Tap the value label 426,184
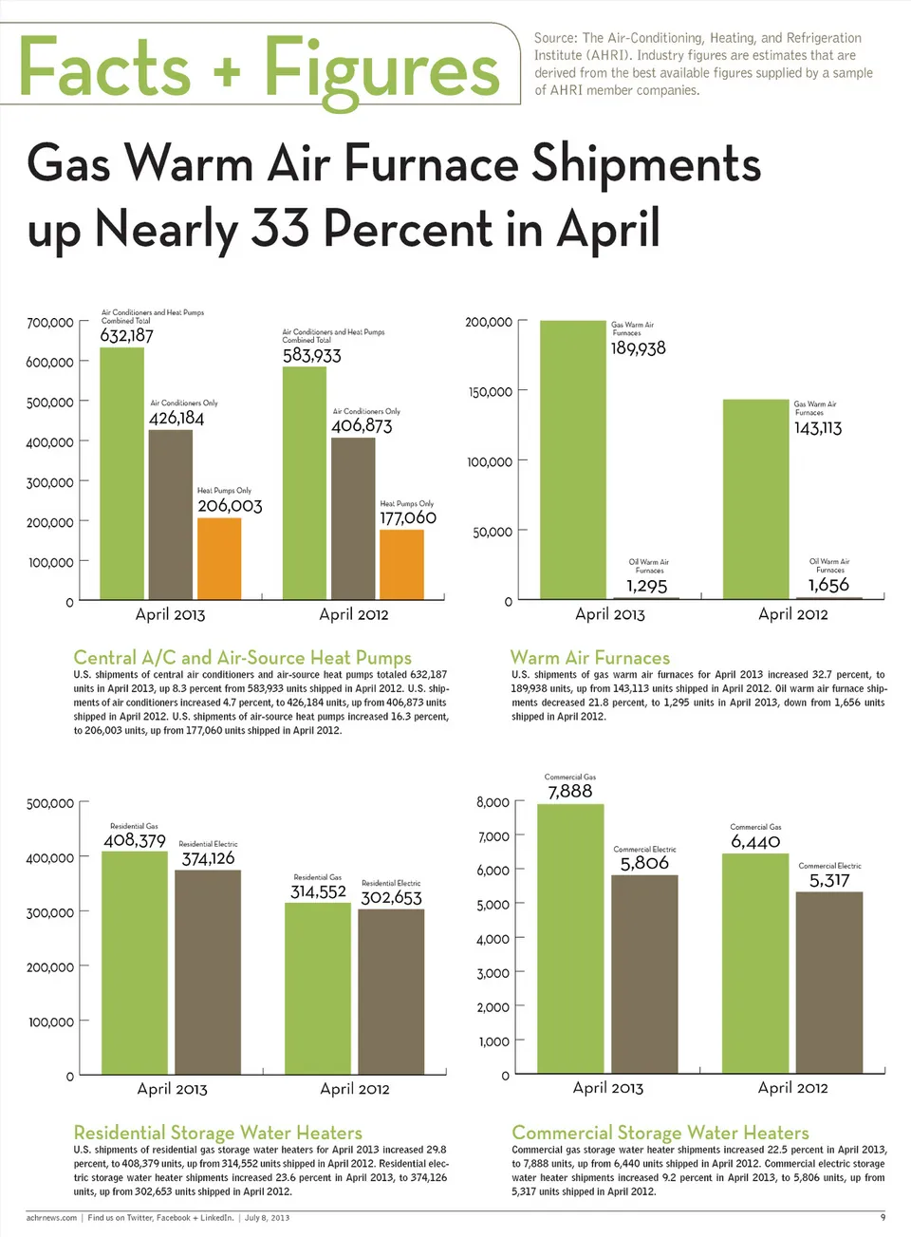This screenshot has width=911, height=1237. pyautogui.click(x=177, y=419)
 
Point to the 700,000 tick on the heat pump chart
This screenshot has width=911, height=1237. pyautogui.click(x=50, y=323)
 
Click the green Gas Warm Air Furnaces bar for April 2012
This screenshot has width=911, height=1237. pyautogui.click(x=755, y=499)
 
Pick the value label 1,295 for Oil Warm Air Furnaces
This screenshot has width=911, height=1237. pyautogui.click(x=646, y=586)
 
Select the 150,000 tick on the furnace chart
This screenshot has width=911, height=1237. pyautogui.click(x=490, y=392)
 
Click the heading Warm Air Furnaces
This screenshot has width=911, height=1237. pyautogui.click(x=589, y=658)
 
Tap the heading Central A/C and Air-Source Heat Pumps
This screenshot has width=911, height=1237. pyautogui.click(x=242, y=658)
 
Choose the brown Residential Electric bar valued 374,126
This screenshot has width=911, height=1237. pyautogui.click(x=208, y=972)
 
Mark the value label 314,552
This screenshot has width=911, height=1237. pyautogui.click(x=318, y=892)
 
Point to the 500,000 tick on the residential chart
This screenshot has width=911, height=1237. pyautogui.click(x=50, y=804)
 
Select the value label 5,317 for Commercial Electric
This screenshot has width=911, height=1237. pyautogui.click(x=829, y=881)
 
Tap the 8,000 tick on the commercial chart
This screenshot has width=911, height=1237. pyautogui.click(x=493, y=803)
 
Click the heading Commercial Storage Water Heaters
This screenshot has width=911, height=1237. pyautogui.click(x=660, y=1133)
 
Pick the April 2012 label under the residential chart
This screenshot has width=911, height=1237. pyautogui.click(x=355, y=1089)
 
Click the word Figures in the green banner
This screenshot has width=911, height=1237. pyautogui.click(x=381, y=69)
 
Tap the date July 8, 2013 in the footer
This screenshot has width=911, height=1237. pyautogui.click(x=267, y=1218)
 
